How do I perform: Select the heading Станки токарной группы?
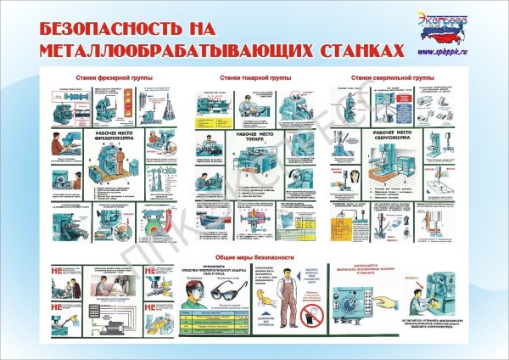(x=255, y=78)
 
